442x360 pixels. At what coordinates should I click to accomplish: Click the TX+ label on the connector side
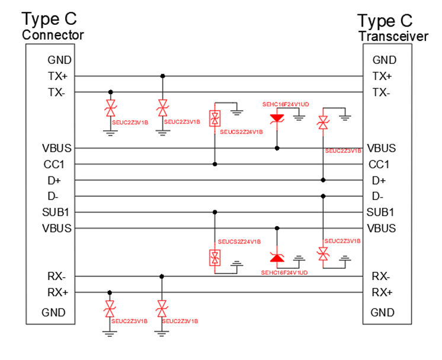[58, 76]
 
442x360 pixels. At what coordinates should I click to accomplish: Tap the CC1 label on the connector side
[58, 164]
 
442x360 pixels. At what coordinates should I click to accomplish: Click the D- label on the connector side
[58, 196]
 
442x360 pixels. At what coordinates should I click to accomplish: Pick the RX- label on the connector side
[58, 276]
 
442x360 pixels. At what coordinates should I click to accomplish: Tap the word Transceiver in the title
[393, 37]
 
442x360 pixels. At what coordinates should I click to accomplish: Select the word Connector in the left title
[53, 35]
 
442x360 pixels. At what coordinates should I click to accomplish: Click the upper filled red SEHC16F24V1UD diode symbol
[277, 118]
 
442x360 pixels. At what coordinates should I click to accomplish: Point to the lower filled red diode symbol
[277, 258]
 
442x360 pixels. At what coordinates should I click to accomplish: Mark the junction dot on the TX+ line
[162, 76]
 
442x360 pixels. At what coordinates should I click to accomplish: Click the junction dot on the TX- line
[110, 92]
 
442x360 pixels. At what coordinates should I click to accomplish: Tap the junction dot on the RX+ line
[110, 292]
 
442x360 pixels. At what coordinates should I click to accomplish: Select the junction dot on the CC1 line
[214, 164]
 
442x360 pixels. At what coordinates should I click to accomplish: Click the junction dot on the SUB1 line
[214, 212]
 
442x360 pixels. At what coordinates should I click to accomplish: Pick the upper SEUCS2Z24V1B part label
[241, 133]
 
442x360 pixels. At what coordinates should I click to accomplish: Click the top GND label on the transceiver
[384, 60]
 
